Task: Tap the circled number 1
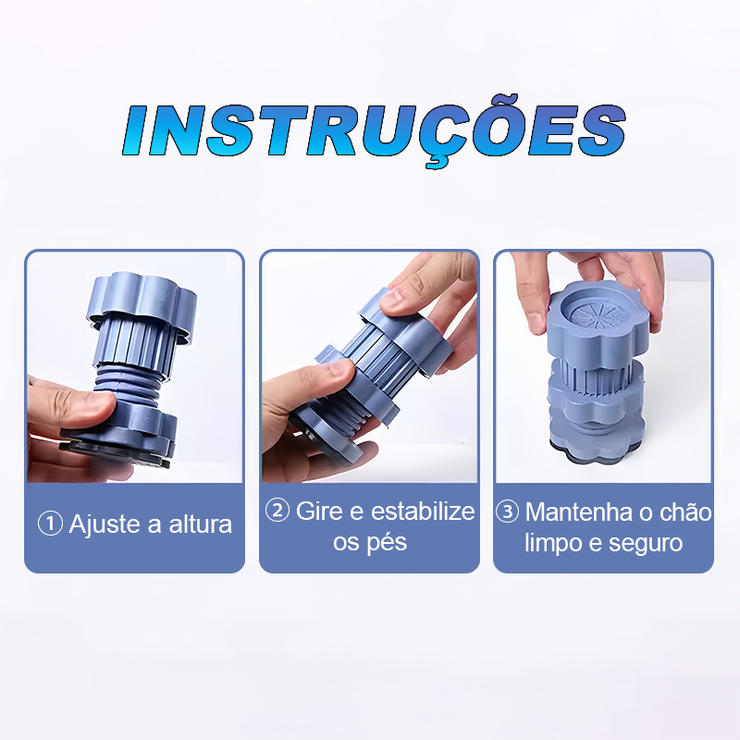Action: click(x=50, y=524)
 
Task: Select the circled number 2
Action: click(x=277, y=511)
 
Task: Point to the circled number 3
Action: click(x=508, y=512)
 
